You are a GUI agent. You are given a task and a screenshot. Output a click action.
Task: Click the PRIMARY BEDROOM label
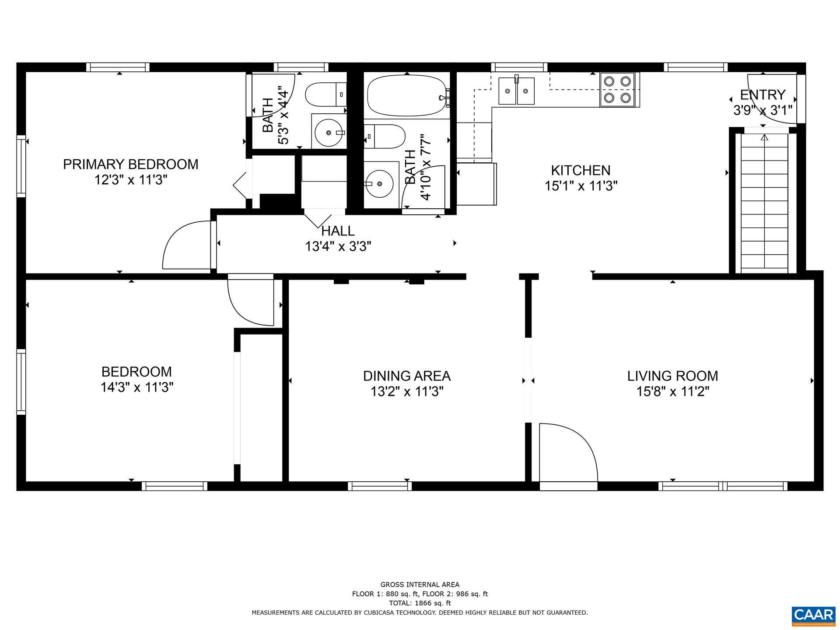130,164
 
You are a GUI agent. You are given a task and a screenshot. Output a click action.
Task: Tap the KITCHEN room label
581,170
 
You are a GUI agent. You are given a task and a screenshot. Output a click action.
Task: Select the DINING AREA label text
406,376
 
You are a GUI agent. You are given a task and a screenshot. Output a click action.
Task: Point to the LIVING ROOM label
672,376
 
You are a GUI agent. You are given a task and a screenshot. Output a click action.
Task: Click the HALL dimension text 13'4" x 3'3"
338,246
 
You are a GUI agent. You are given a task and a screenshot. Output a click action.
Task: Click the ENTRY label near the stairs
763,94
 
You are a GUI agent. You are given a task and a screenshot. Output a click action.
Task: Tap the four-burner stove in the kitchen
617,90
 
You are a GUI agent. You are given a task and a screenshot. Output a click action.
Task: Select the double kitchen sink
517,91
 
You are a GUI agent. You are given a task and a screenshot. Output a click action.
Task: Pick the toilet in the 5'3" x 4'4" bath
325,94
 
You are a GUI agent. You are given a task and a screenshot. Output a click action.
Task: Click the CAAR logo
813,614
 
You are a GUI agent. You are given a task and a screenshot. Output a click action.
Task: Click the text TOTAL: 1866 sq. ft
420,603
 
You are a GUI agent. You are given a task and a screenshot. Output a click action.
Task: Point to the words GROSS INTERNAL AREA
420,584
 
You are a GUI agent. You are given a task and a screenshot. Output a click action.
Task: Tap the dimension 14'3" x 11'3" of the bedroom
137,387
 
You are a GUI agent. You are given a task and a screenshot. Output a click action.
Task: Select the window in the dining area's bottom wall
380,486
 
